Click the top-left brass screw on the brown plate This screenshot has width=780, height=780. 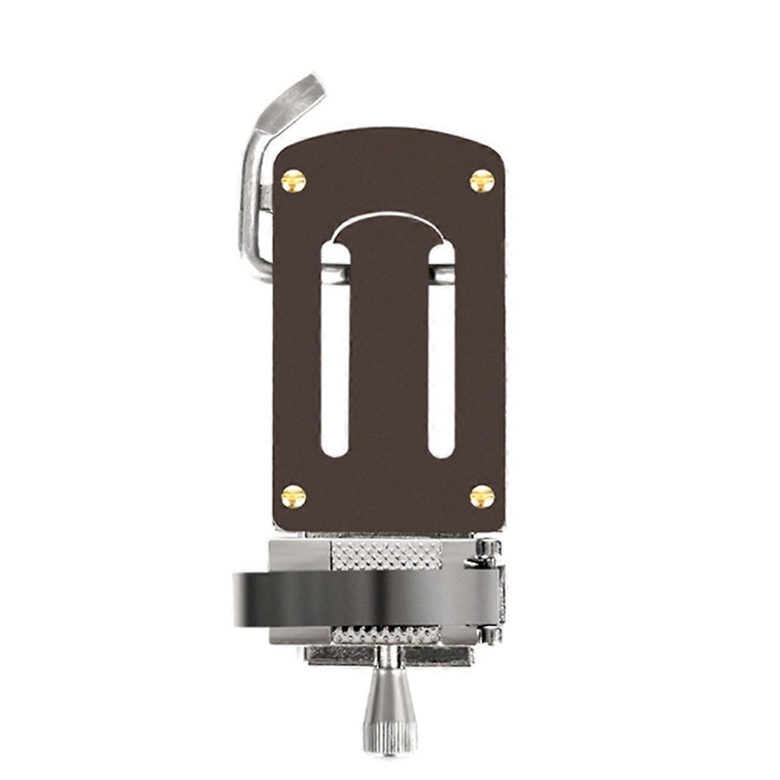tap(293, 181)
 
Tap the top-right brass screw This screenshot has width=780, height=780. tap(482, 181)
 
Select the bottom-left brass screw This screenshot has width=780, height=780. tap(293, 496)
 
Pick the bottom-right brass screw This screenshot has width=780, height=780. tap(482, 496)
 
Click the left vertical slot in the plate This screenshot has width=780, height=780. tap(335, 364)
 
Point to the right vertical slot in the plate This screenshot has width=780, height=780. tap(441, 364)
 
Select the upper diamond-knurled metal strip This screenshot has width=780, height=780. tap(386, 555)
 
